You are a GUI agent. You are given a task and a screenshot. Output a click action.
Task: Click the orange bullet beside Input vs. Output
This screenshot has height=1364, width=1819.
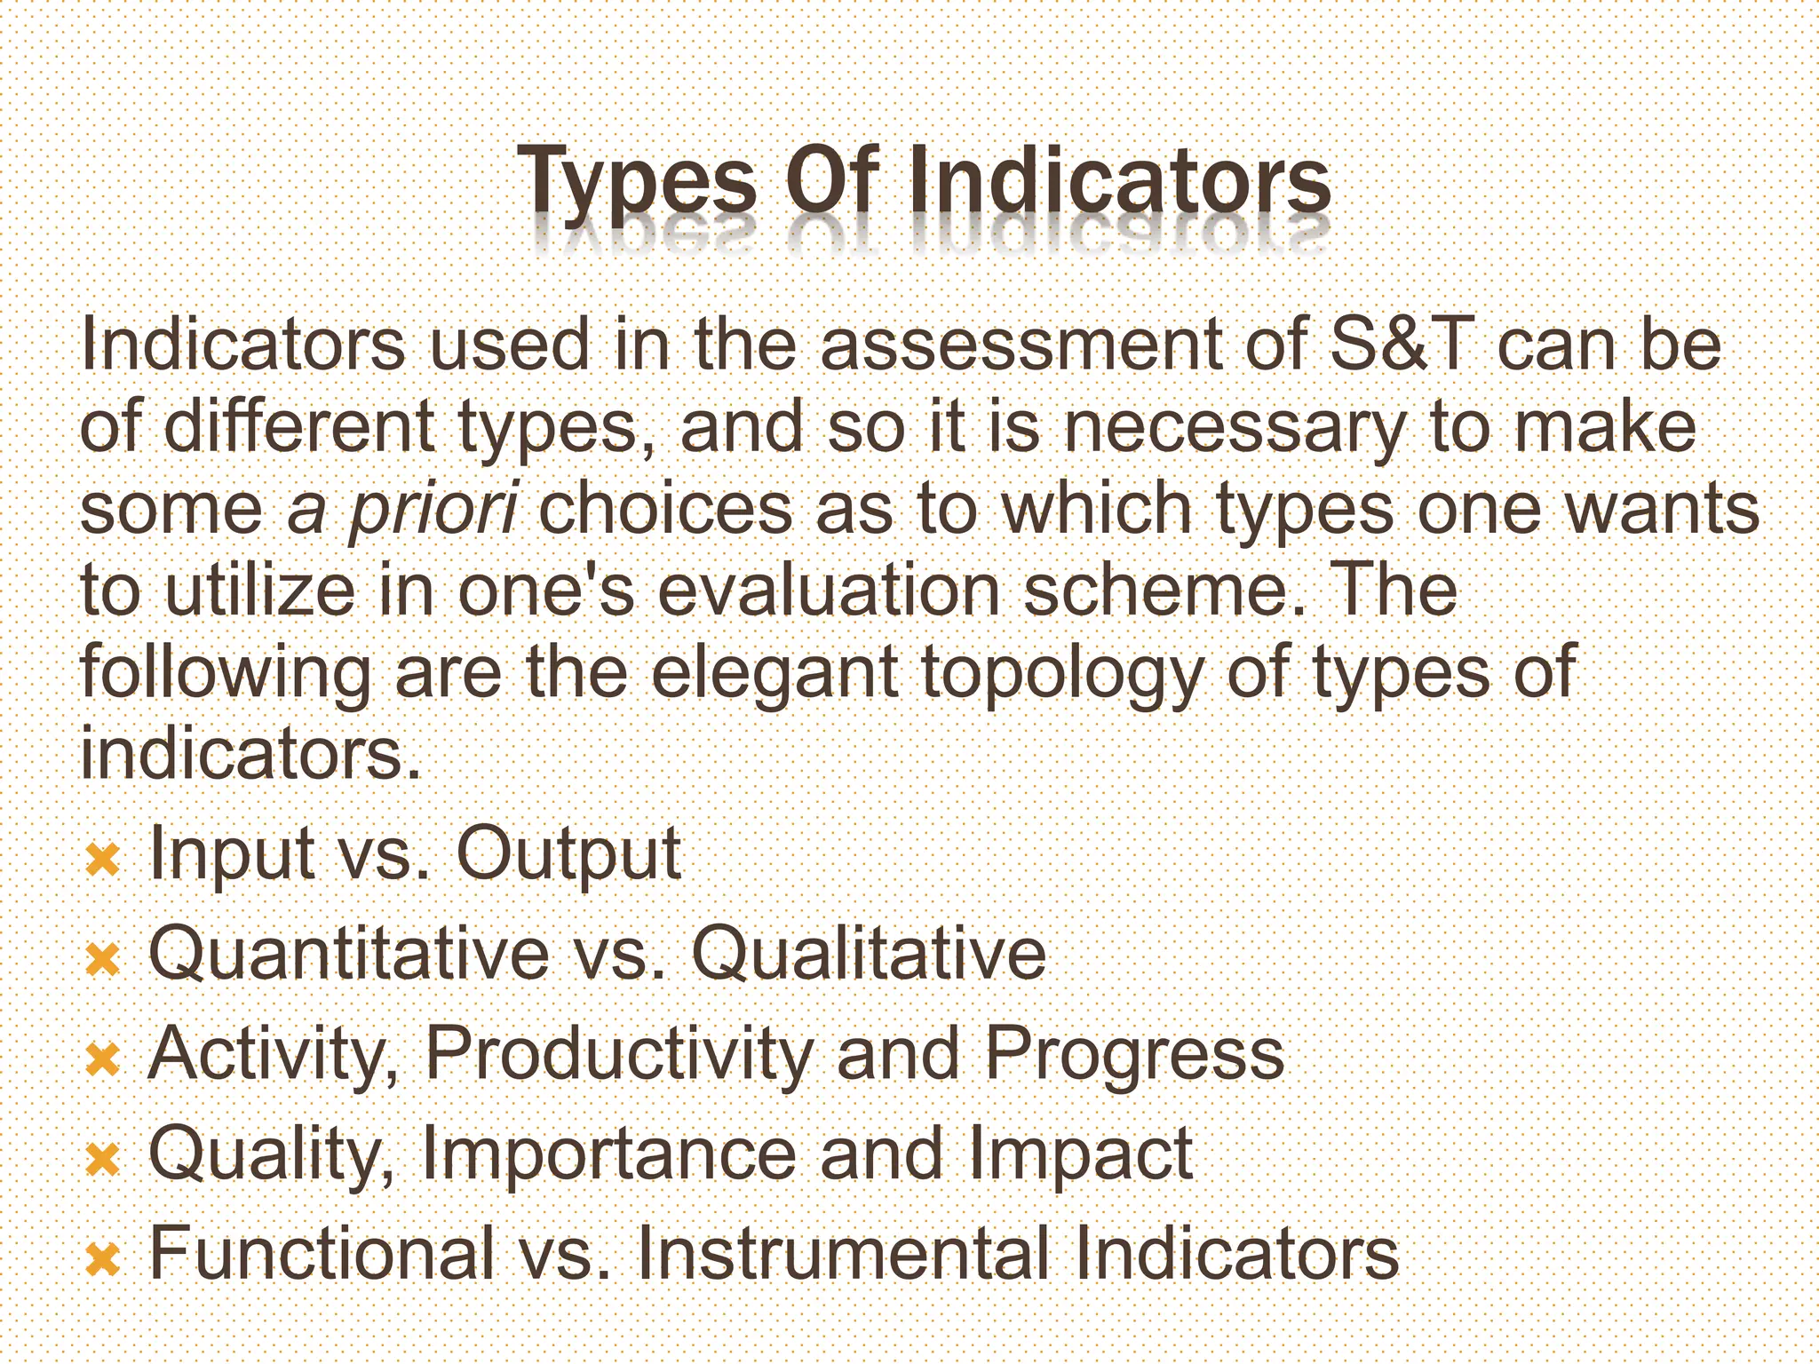pyautogui.click(x=103, y=859)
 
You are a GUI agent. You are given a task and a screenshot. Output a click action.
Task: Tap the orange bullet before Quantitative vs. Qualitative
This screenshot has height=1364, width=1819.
pyautogui.click(x=103, y=959)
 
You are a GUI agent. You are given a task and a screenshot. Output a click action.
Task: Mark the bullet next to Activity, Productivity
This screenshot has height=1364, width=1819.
pyautogui.click(x=103, y=1059)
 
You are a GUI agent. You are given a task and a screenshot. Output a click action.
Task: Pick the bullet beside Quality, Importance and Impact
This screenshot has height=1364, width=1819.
pyautogui.click(x=103, y=1159)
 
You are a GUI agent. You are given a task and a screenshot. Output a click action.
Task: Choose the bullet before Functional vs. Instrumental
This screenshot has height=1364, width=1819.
pyautogui.click(x=103, y=1258)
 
